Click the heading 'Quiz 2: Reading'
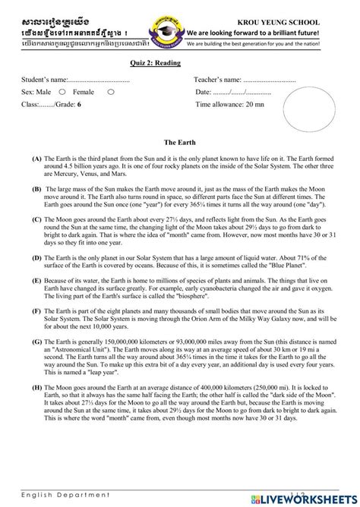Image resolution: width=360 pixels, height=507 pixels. pyautogui.click(x=155, y=63)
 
